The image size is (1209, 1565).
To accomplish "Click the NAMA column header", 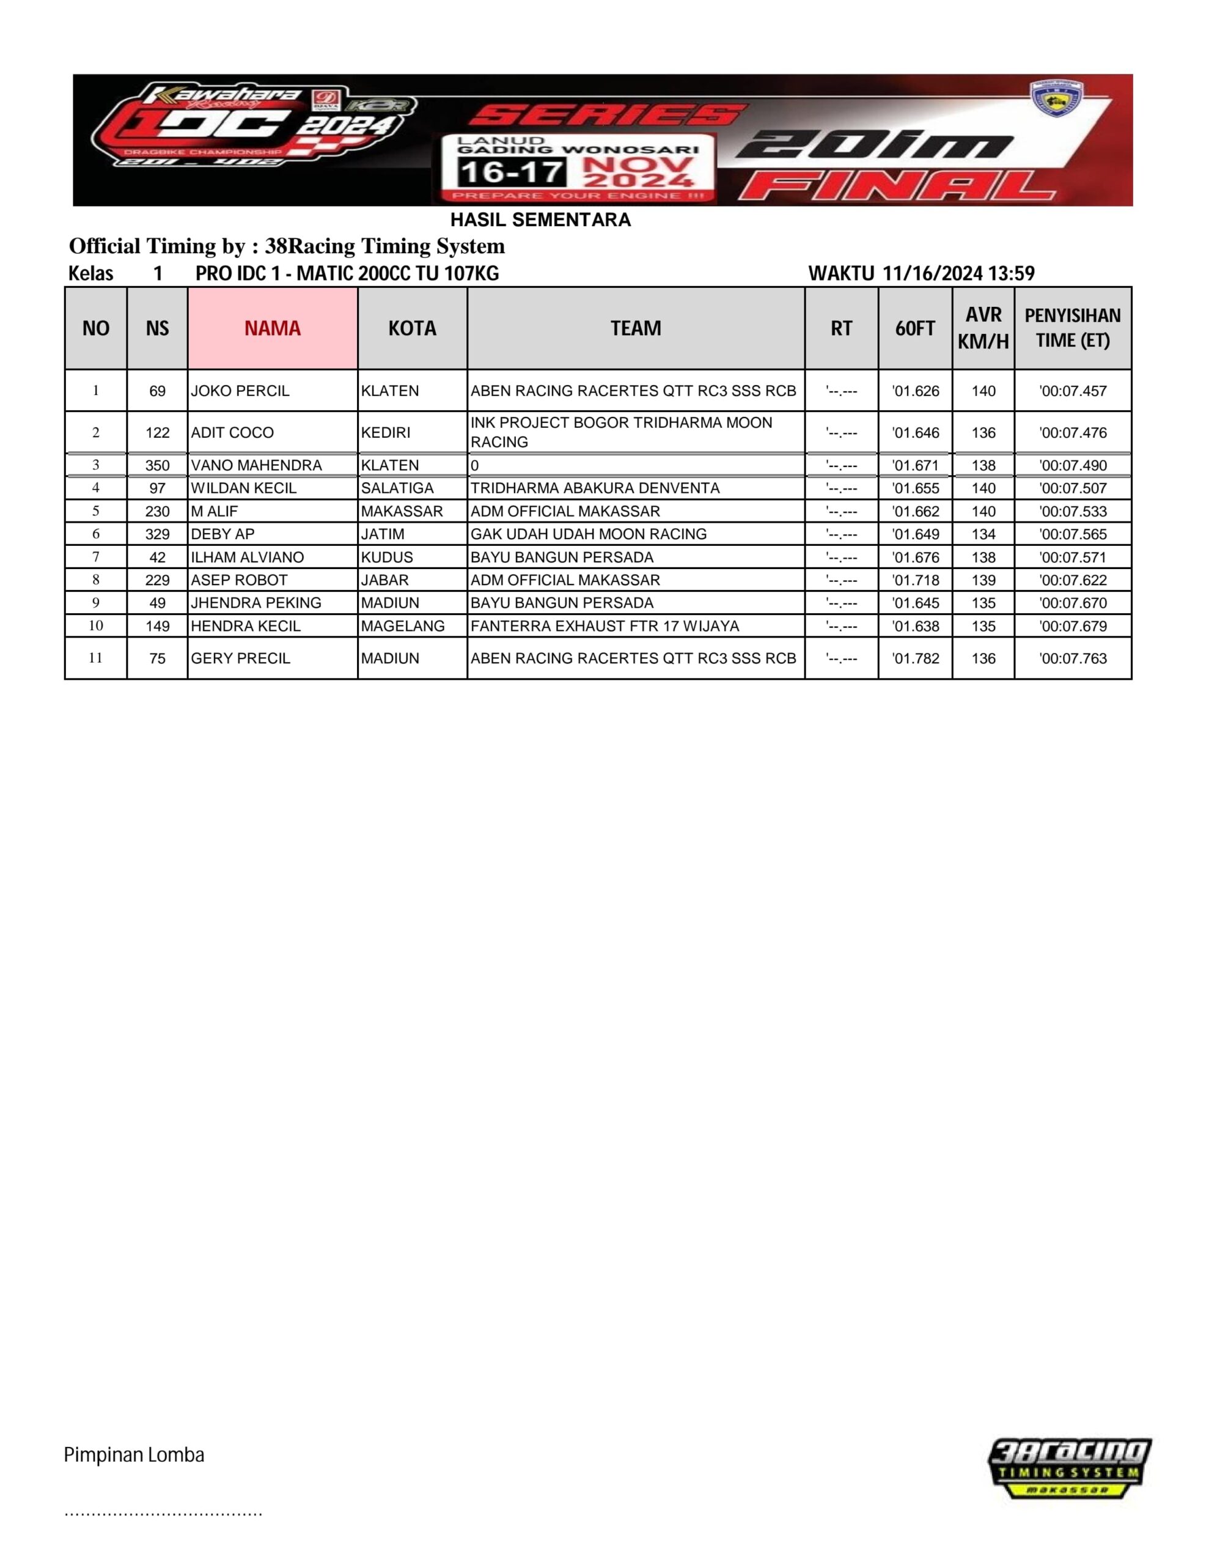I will pos(273,328).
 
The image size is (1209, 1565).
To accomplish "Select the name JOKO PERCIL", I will pos(240,391).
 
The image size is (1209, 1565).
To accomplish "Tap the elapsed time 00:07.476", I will pos(1072,433).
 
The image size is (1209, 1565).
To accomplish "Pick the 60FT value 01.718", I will pos(915,580).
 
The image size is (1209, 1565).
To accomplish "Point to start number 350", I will pos(157,466).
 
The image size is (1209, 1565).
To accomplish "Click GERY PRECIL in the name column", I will pos(240,658).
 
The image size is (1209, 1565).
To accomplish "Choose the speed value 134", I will pos(983,534).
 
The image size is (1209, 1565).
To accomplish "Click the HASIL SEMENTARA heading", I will pos(540,220).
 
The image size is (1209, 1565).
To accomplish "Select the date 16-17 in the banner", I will pos(511,172).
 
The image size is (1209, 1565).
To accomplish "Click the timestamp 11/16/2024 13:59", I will pos(958,273).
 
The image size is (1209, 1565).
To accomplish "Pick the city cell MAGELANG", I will pos(403,626).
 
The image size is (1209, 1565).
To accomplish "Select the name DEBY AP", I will pos(222,534).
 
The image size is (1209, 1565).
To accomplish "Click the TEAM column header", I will pos(636,328).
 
